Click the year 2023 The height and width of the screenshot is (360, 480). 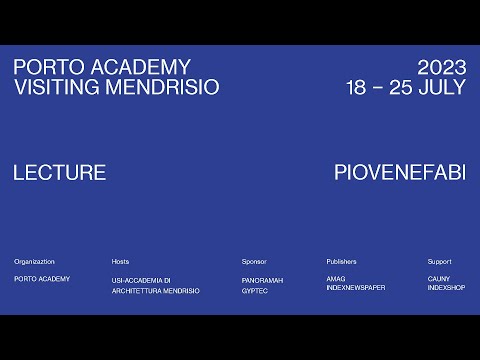click(x=442, y=68)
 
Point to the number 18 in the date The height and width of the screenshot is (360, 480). click(x=356, y=87)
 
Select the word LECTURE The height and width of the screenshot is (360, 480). click(x=60, y=172)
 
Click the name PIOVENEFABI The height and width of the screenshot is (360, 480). click(x=400, y=172)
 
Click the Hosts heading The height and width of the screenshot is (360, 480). click(x=121, y=261)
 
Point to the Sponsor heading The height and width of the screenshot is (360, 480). click(x=254, y=261)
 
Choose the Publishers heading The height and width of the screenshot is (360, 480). click(x=341, y=261)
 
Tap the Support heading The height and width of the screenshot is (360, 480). click(x=439, y=261)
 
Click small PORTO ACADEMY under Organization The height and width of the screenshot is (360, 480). click(x=42, y=279)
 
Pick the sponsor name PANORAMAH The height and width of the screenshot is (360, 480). click(x=262, y=280)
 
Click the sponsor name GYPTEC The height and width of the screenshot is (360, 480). click(x=255, y=291)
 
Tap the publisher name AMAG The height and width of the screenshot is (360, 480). click(x=336, y=280)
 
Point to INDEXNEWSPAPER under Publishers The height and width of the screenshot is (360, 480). click(x=355, y=291)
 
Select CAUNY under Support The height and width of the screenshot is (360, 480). click(x=438, y=280)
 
